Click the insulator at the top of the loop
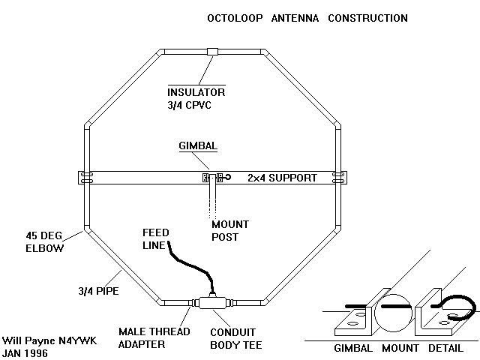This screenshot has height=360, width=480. pyautogui.click(x=212, y=52)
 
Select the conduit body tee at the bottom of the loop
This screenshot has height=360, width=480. pyautogui.click(x=212, y=303)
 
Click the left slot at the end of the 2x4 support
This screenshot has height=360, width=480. pyautogui.click(x=88, y=178)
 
